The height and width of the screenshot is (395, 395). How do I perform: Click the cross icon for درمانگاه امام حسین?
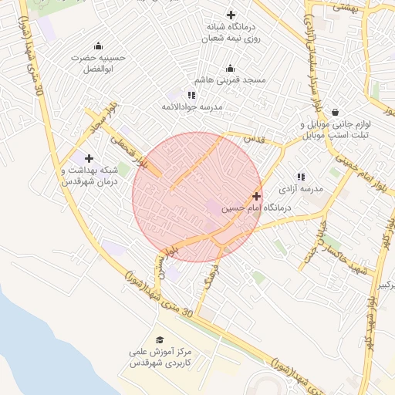(x=256, y=197)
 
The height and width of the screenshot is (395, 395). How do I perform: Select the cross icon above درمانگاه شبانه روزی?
(x=231, y=15)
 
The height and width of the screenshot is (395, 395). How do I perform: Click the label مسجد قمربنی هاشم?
(x=229, y=80)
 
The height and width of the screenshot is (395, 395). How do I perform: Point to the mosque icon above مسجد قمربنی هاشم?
(x=231, y=68)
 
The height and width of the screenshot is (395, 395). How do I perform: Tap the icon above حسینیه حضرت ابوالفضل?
(x=98, y=46)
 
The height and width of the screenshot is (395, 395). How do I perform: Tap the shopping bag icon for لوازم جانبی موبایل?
(x=335, y=112)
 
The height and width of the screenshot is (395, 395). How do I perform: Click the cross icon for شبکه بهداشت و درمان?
(x=89, y=158)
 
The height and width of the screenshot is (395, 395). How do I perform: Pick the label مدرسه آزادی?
(x=302, y=188)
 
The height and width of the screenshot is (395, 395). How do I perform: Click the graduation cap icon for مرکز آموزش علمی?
(x=160, y=339)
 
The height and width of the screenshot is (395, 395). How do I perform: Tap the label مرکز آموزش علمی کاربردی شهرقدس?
(x=160, y=356)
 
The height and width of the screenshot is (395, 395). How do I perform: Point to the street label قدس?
(x=254, y=139)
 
